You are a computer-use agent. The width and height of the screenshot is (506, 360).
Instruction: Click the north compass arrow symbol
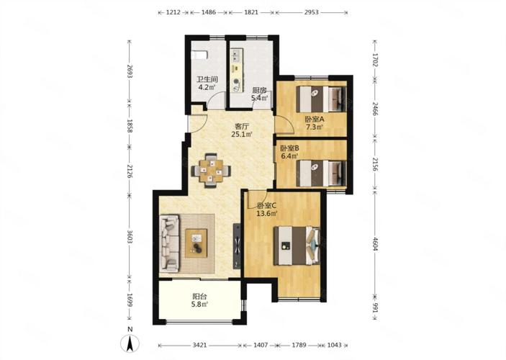click(x=130, y=343)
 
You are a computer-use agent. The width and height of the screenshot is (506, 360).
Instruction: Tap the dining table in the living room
click(x=211, y=171)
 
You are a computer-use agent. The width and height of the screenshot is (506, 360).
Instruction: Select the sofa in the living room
click(x=169, y=243)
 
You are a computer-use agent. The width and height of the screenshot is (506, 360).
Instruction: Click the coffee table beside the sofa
click(x=196, y=243)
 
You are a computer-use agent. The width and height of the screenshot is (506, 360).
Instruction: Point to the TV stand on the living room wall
click(x=238, y=246)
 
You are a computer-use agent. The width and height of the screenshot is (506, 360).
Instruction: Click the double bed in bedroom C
click(x=297, y=246)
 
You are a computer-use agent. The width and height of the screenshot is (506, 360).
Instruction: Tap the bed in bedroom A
click(x=321, y=99)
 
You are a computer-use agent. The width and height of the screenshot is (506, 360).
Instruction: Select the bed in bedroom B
click(x=321, y=174)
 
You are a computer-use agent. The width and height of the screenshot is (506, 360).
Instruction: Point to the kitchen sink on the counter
click(x=235, y=55)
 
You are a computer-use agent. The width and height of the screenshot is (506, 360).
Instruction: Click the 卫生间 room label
click(x=207, y=80)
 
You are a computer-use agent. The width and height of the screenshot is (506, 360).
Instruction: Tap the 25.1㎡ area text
click(x=242, y=134)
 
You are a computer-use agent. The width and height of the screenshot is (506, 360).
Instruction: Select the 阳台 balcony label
click(x=199, y=297)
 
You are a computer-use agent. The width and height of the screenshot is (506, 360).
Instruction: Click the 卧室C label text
click(x=267, y=205)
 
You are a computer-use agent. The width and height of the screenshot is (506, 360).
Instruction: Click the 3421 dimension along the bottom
click(x=200, y=345)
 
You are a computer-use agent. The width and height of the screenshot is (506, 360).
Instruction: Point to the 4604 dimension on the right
click(x=375, y=244)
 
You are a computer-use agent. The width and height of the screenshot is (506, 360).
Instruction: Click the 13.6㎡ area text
click(x=267, y=213)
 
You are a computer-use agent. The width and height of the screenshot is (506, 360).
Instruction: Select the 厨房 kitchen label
click(x=259, y=91)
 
